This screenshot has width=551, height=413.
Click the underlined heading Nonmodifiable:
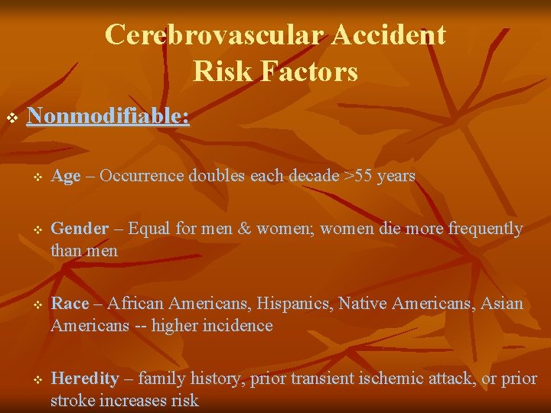(108, 116)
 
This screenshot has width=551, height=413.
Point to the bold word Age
(65, 176)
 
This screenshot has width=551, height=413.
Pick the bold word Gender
(80, 229)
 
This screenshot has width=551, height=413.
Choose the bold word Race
(70, 304)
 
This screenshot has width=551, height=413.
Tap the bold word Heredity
(84, 379)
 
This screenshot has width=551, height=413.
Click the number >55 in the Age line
(357, 176)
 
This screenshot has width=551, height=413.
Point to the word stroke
(71, 400)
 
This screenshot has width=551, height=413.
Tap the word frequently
(485, 229)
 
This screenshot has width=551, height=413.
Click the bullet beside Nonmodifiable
(11, 118)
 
